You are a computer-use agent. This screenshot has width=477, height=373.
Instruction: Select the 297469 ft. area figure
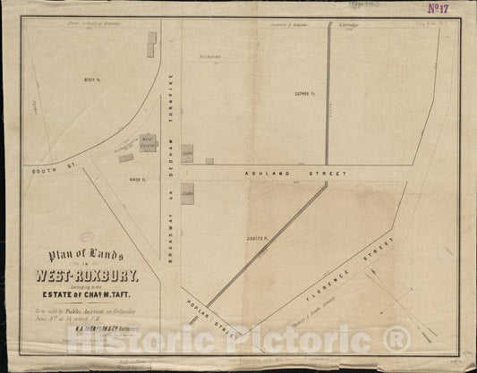304,92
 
